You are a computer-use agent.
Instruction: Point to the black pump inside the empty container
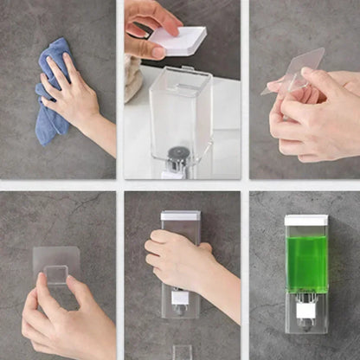point(177,156)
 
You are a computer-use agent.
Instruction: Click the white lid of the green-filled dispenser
point(305,220)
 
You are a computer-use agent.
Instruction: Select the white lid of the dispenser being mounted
point(180,215)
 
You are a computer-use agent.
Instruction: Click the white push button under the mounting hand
point(180,297)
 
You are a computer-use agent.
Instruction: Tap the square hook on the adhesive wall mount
point(56,274)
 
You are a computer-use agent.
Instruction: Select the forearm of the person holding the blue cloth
point(103,133)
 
